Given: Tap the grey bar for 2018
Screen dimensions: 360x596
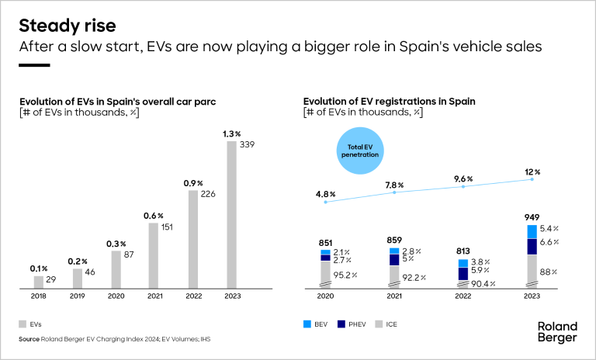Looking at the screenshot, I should tap(39, 282).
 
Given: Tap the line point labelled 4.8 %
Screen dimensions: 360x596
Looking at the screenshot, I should tap(326, 202).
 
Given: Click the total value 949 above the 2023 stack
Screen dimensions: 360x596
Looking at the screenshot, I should tap(532, 217).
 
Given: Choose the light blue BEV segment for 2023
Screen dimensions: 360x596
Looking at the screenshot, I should tap(532, 231).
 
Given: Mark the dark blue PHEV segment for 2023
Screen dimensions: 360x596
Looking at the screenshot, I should tap(532, 247).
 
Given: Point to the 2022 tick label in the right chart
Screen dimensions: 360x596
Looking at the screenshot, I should tap(463, 296).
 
